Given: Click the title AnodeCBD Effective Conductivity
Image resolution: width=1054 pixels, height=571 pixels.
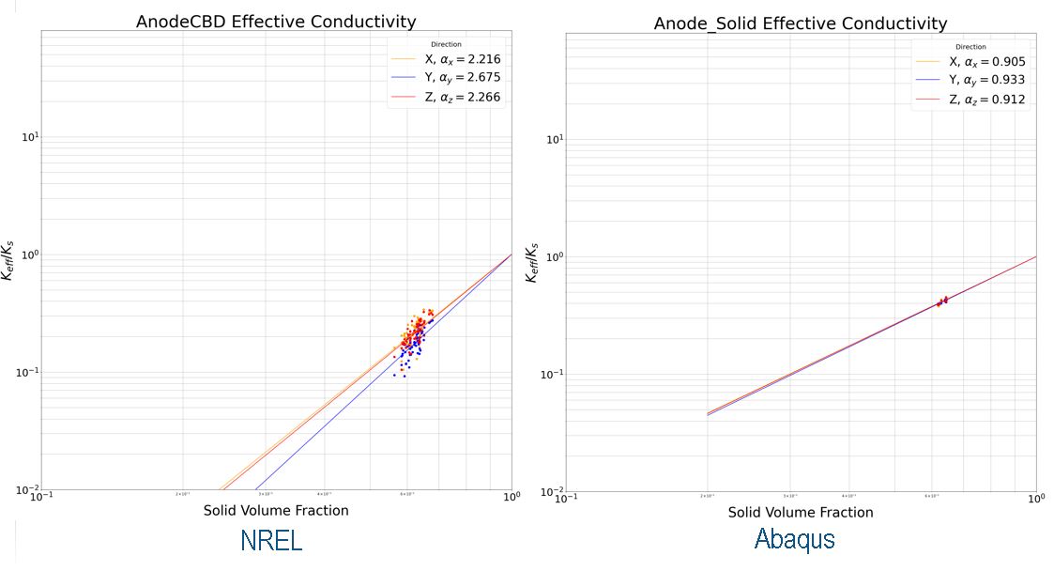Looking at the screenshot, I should point(276,22).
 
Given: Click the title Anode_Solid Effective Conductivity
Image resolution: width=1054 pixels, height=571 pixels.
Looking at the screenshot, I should point(801,23).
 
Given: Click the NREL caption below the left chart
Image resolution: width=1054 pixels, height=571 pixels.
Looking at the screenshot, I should point(271,541).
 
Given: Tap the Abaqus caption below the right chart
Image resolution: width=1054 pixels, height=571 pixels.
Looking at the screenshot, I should point(795,539).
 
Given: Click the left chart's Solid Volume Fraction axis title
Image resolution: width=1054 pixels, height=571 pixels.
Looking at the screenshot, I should point(276,511).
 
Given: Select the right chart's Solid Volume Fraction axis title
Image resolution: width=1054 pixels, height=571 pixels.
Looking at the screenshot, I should point(801,513).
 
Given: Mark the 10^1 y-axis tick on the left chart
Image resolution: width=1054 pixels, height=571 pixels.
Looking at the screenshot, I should point(29,138).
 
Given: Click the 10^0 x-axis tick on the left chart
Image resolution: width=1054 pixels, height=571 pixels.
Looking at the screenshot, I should point(511,498).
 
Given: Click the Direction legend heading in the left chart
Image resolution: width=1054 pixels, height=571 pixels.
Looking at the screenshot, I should point(446,44).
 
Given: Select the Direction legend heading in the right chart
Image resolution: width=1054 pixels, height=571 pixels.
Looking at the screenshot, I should point(970,47).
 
